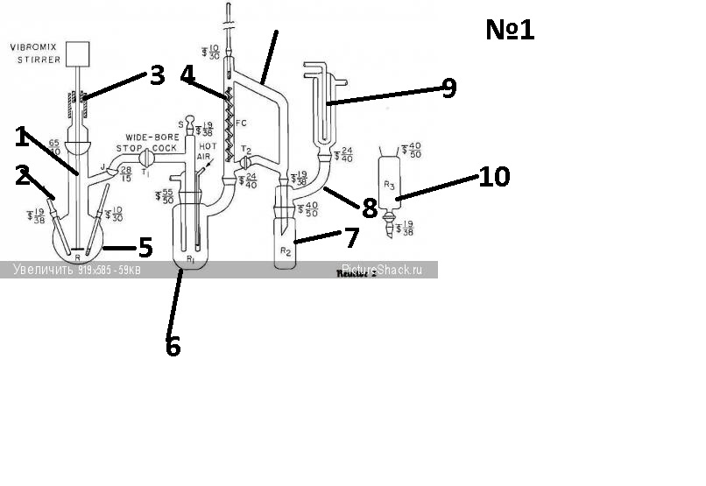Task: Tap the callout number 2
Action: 23,176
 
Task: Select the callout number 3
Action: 157,76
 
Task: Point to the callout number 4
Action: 187,75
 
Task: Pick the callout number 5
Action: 145,248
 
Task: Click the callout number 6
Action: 173,347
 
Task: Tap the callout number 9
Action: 449,88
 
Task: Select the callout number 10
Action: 495,177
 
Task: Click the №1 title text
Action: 510,31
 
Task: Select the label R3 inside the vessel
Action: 389,186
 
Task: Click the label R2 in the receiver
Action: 285,251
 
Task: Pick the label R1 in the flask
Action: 191,260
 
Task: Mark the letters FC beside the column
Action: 242,123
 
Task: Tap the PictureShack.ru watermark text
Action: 382,270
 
